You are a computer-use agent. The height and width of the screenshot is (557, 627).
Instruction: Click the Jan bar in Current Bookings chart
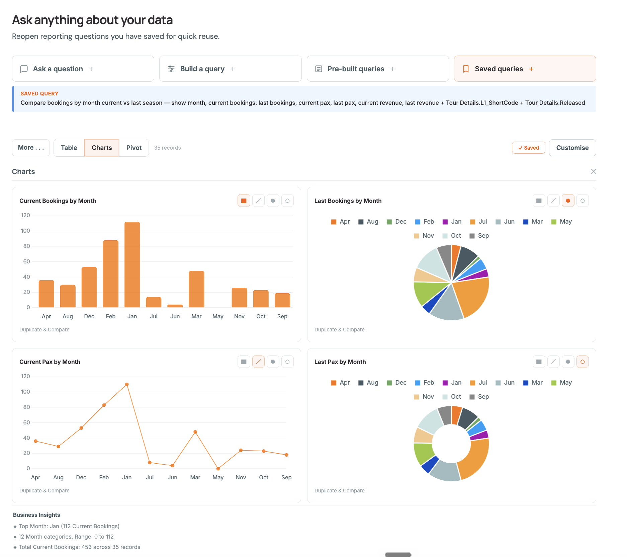pos(132,264)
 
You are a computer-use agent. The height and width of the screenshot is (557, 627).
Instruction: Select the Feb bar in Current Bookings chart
pos(111,274)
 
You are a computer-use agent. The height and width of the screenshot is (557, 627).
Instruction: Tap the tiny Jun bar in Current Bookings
pos(175,306)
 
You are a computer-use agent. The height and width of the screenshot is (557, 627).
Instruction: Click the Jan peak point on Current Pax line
pos(127,384)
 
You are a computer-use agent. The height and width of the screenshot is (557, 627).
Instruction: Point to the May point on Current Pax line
pos(218,469)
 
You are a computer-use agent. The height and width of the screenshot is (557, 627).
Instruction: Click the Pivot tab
pos(134,148)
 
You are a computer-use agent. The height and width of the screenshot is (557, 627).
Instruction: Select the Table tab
pos(69,148)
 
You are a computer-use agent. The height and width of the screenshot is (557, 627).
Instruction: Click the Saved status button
pos(528,148)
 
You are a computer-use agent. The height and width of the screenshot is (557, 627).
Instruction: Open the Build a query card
pos(230,69)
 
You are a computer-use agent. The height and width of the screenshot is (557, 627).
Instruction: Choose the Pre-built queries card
pos(377,69)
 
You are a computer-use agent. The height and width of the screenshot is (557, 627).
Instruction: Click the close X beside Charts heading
pos(593,171)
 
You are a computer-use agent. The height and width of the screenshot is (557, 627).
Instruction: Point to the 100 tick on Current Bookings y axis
pos(25,231)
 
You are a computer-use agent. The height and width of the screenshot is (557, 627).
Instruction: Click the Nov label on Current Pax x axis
pos(241,477)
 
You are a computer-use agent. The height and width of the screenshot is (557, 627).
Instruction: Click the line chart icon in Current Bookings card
pos(258,201)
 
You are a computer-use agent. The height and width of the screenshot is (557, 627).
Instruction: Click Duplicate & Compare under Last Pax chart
pos(339,490)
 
